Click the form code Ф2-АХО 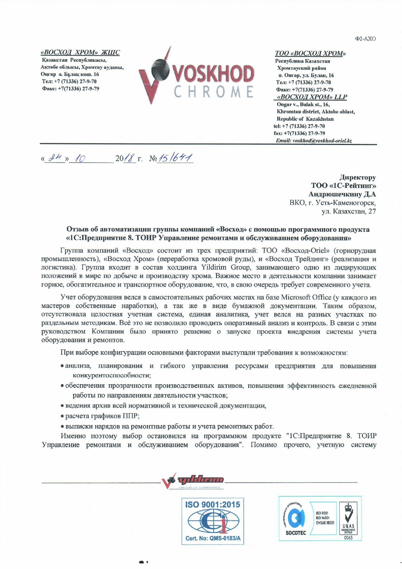(x=365, y=39)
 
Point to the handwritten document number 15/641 (x=175, y=158)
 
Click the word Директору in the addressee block (x=357, y=177)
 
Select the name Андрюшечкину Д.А (x=342, y=194)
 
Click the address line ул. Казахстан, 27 (x=348, y=211)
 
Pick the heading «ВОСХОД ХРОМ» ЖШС (x=80, y=53)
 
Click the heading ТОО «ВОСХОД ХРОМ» (x=310, y=53)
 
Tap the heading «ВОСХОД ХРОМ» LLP (x=312, y=97)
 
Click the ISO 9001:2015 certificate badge (x=212, y=521)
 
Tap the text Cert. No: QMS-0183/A (x=213, y=539)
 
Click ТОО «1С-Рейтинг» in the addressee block (x=343, y=186)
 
